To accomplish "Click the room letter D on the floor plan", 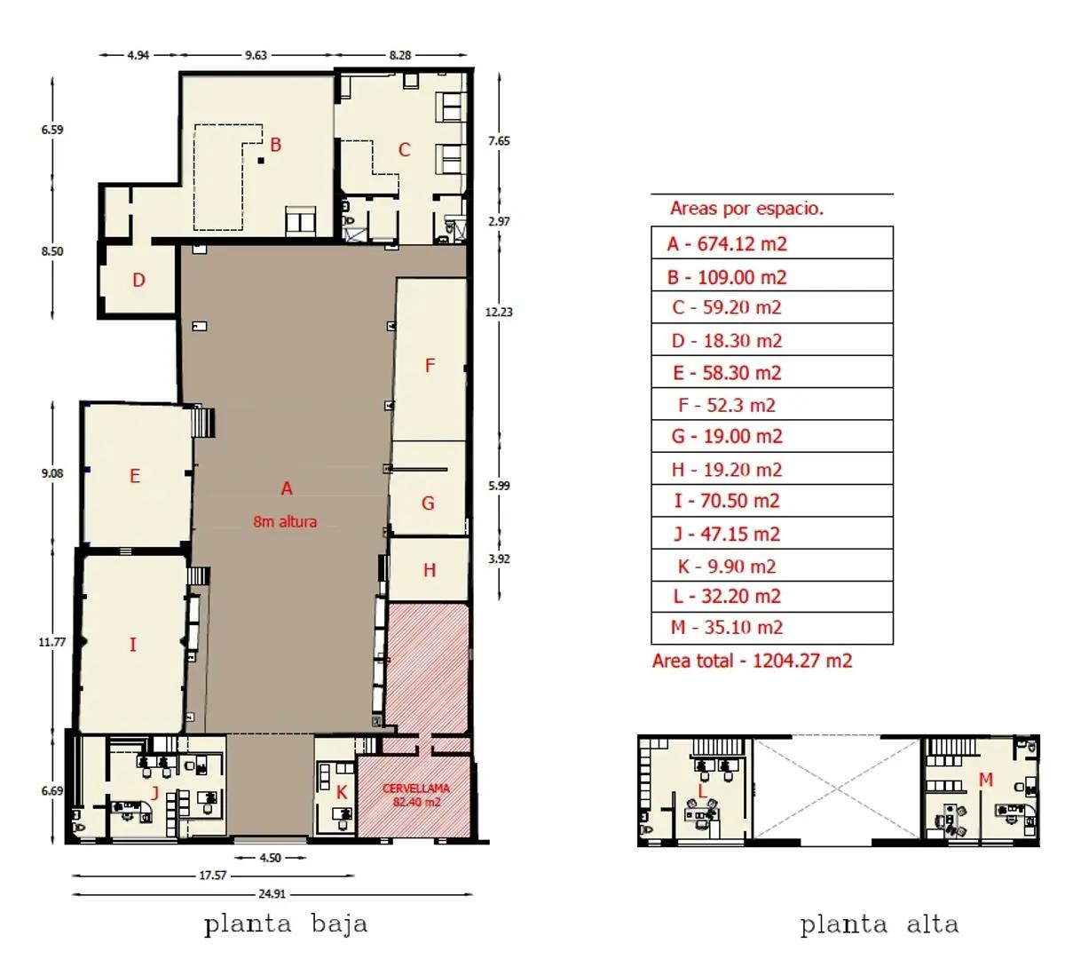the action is pyautogui.click(x=138, y=280).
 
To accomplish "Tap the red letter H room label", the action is pyautogui.click(x=430, y=571).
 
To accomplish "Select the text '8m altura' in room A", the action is pyautogui.click(x=285, y=522).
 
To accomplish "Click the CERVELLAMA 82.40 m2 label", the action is pyautogui.click(x=416, y=795).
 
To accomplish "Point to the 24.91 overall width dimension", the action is pyautogui.click(x=272, y=893).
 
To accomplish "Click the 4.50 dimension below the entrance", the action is pyautogui.click(x=270, y=858).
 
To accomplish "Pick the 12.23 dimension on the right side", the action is pyautogui.click(x=499, y=312).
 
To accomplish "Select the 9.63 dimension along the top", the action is pyautogui.click(x=256, y=55).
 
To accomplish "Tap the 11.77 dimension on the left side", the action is pyautogui.click(x=52, y=642).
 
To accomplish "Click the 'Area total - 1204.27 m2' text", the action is pyautogui.click(x=752, y=661).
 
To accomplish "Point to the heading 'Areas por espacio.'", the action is pyautogui.click(x=746, y=209).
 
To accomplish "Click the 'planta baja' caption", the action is pyautogui.click(x=286, y=923).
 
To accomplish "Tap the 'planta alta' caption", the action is pyautogui.click(x=880, y=924).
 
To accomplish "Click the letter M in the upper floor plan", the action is pyautogui.click(x=986, y=780).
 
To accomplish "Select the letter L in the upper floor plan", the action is pyautogui.click(x=702, y=792).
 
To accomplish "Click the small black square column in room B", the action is pyautogui.click(x=261, y=161).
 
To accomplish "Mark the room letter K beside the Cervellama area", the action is pyautogui.click(x=342, y=793).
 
